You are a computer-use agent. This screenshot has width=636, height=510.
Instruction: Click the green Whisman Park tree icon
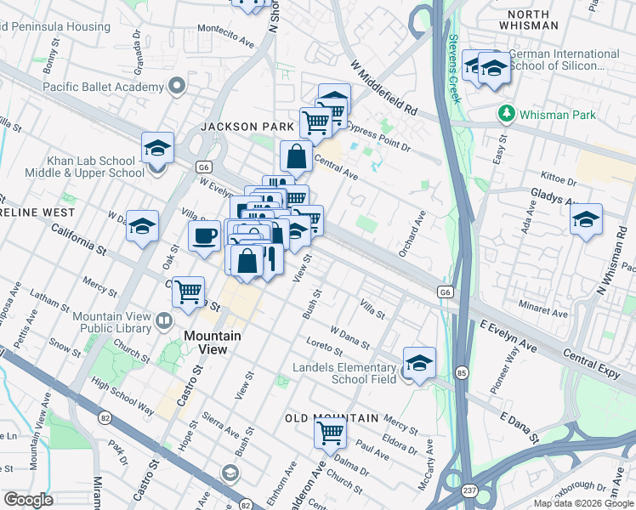pos(507,113)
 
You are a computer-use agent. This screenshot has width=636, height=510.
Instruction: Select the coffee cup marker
pos(203,236)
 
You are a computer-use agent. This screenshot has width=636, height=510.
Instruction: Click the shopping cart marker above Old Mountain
pos(330,432)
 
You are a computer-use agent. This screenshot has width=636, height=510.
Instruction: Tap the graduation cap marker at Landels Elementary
pos(418,363)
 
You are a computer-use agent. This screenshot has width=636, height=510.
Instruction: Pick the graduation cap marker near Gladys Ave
pos(586,220)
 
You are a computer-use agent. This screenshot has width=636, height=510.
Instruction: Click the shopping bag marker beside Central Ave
pos(296,156)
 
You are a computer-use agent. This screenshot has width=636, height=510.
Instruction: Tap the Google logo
pos(28,500)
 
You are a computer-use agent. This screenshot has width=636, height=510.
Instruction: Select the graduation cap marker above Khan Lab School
pos(157,148)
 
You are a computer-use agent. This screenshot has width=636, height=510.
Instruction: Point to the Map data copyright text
pos(583,503)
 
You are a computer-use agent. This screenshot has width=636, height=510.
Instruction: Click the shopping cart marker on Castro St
pos(187,292)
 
